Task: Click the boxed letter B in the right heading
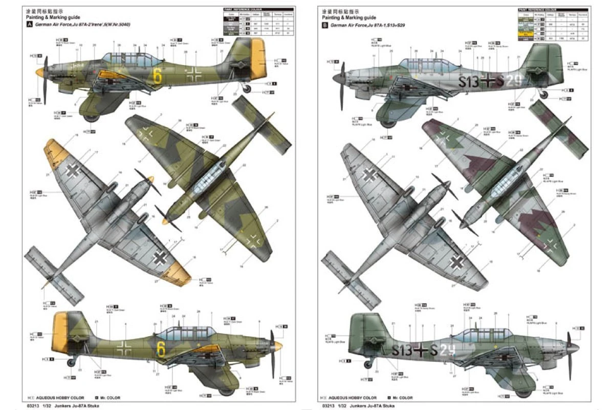324,25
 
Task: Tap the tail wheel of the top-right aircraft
544,95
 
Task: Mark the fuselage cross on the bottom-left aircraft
124,348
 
